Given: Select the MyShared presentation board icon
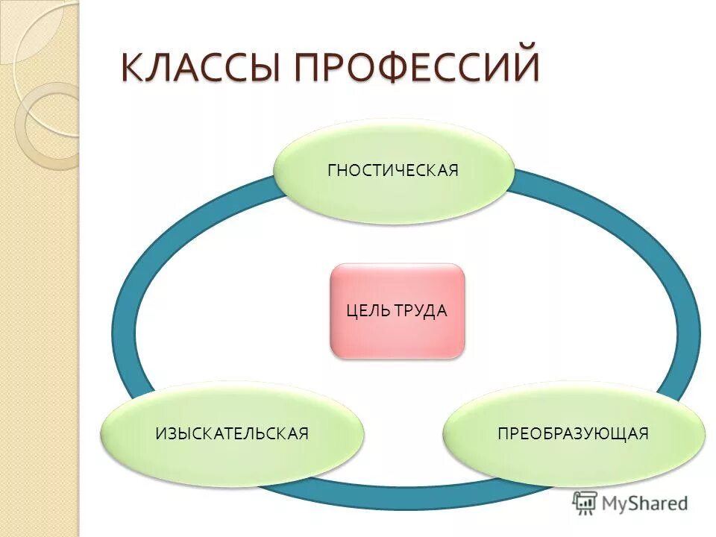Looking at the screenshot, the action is click(x=585, y=503).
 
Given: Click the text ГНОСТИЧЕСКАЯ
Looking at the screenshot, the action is click(x=393, y=171).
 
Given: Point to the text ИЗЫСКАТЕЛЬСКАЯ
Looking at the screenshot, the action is click(x=232, y=433).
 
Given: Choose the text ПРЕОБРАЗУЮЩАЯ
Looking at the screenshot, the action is click(x=573, y=433).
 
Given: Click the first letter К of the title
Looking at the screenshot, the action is click(x=134, y=68).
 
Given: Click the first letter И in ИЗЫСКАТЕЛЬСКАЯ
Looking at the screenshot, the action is click(x=161, y=433).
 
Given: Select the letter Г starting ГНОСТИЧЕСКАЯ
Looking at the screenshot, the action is click(x=332, y=171).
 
